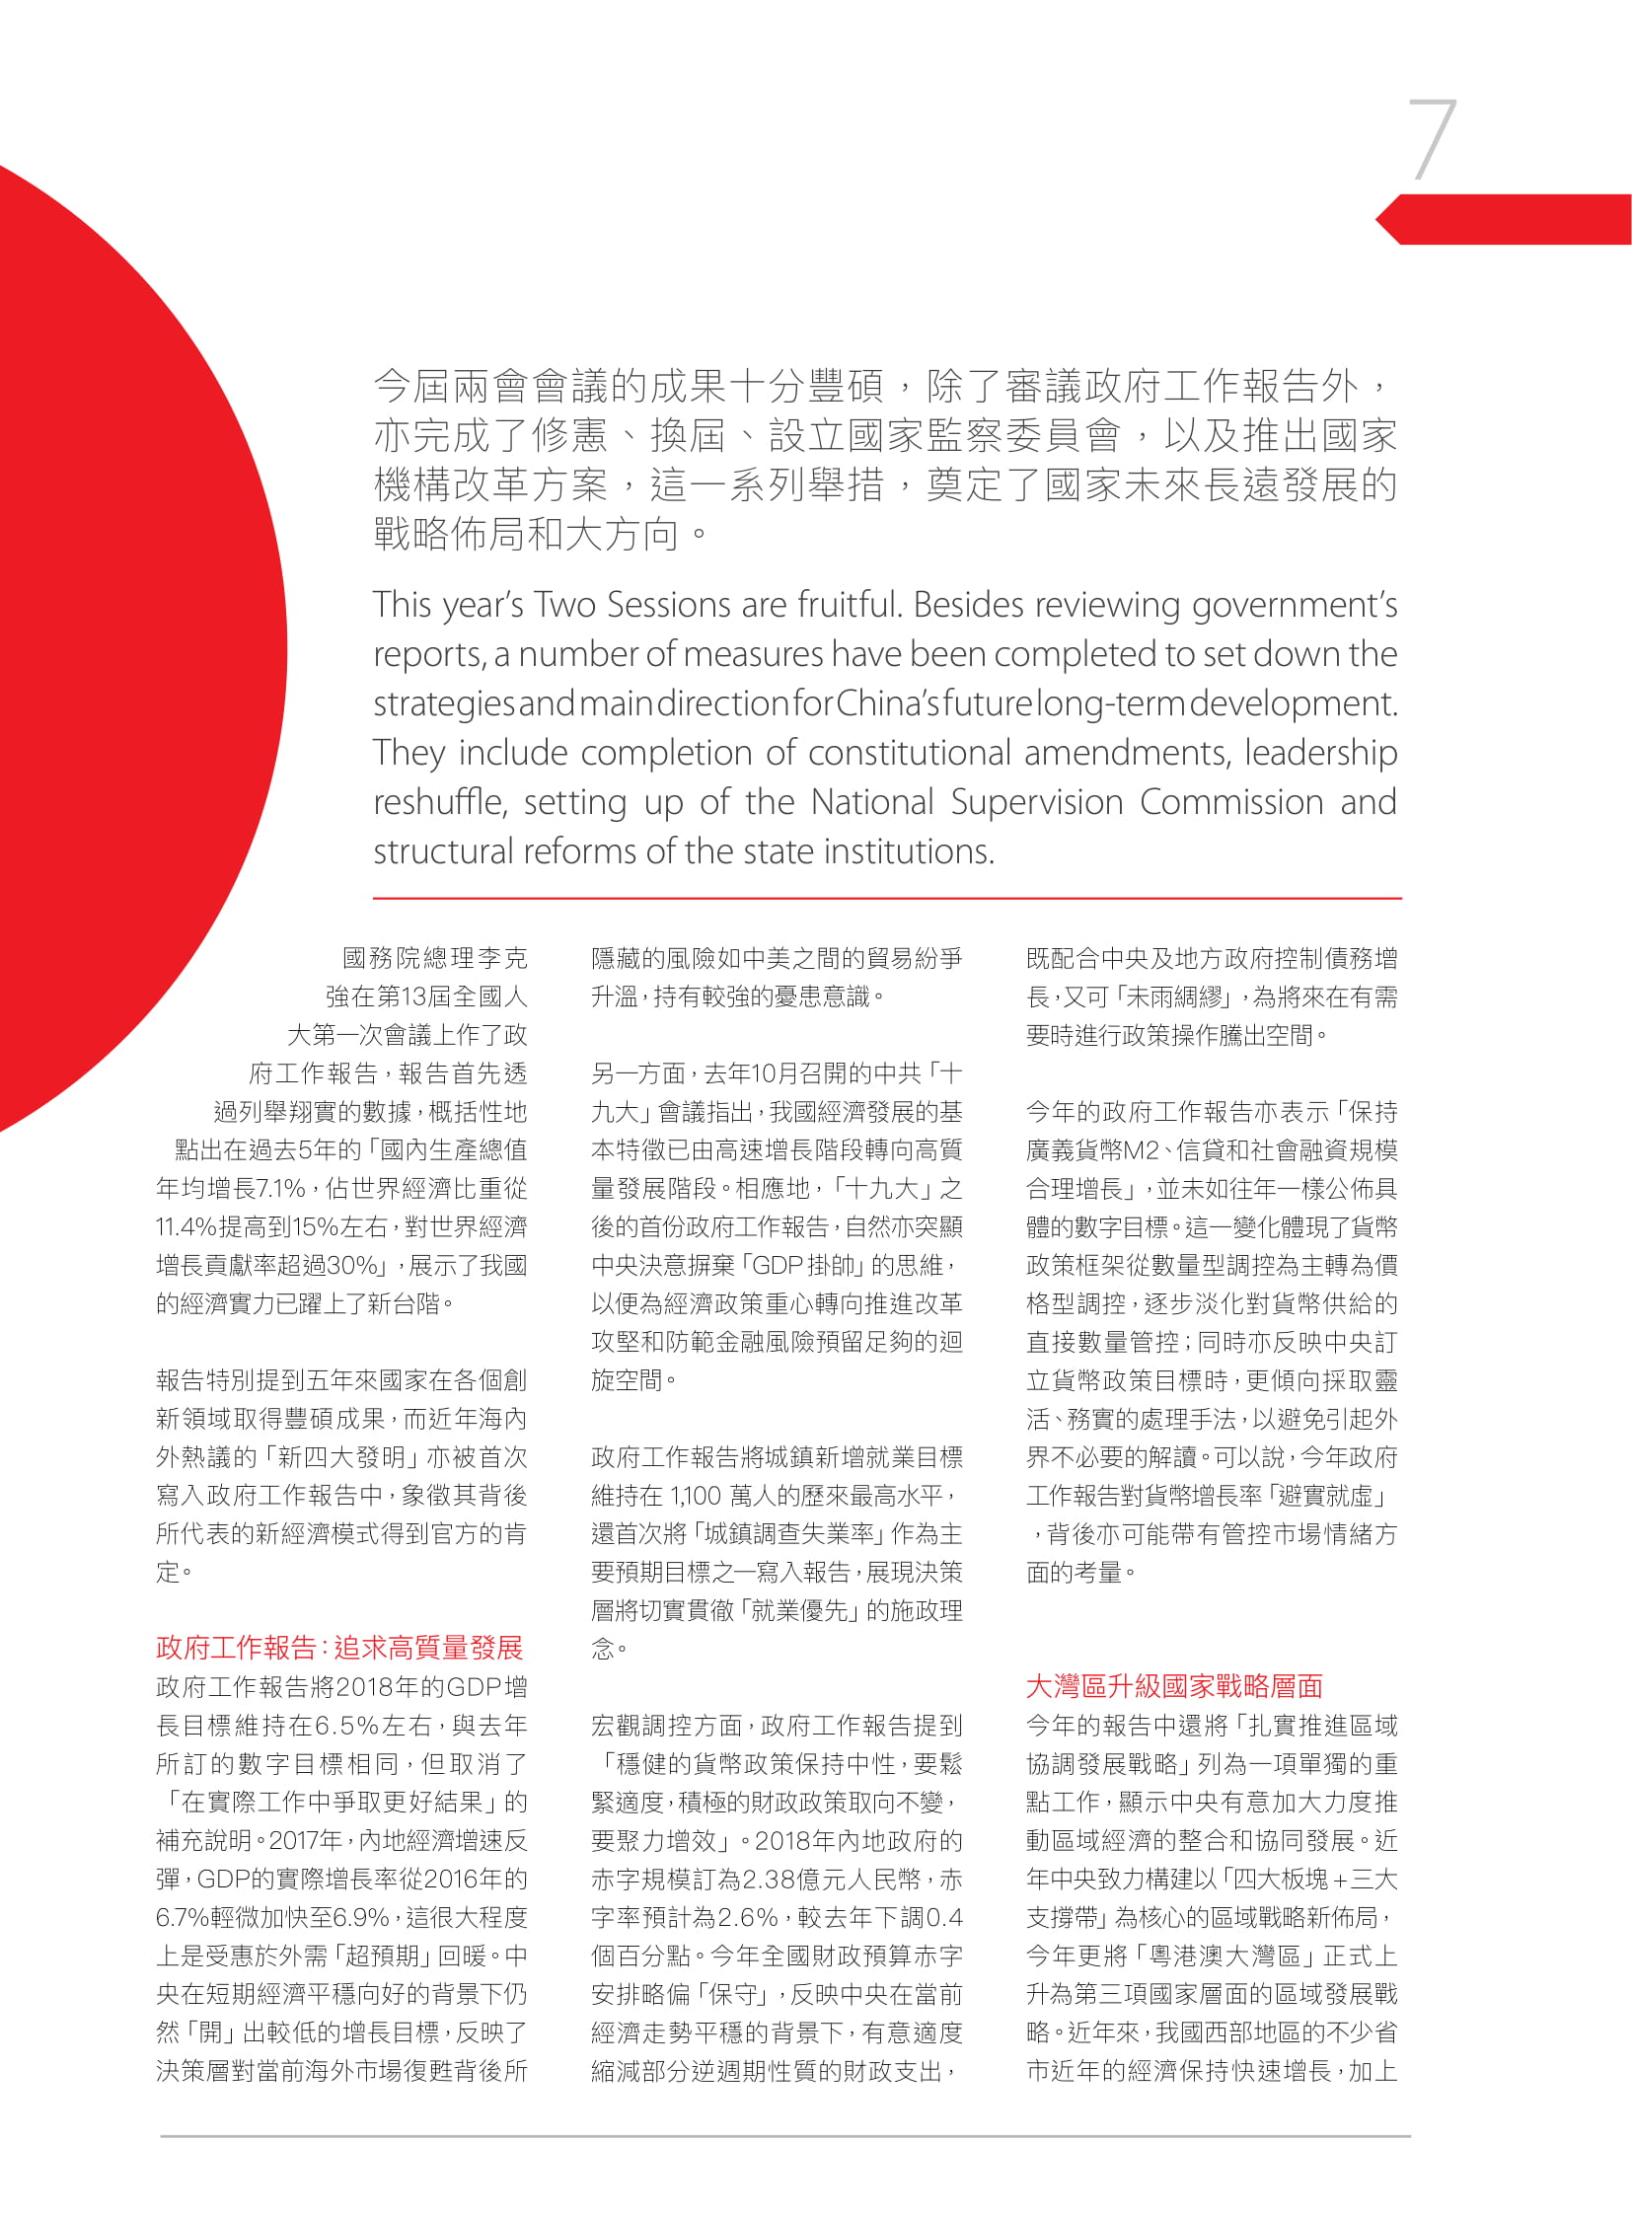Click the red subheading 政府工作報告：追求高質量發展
(x=338, y=1648)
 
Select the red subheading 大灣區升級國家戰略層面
(x=1173, y=1686)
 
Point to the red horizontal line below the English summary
(x=886, y=898)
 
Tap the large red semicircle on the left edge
(x=118, y=652)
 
